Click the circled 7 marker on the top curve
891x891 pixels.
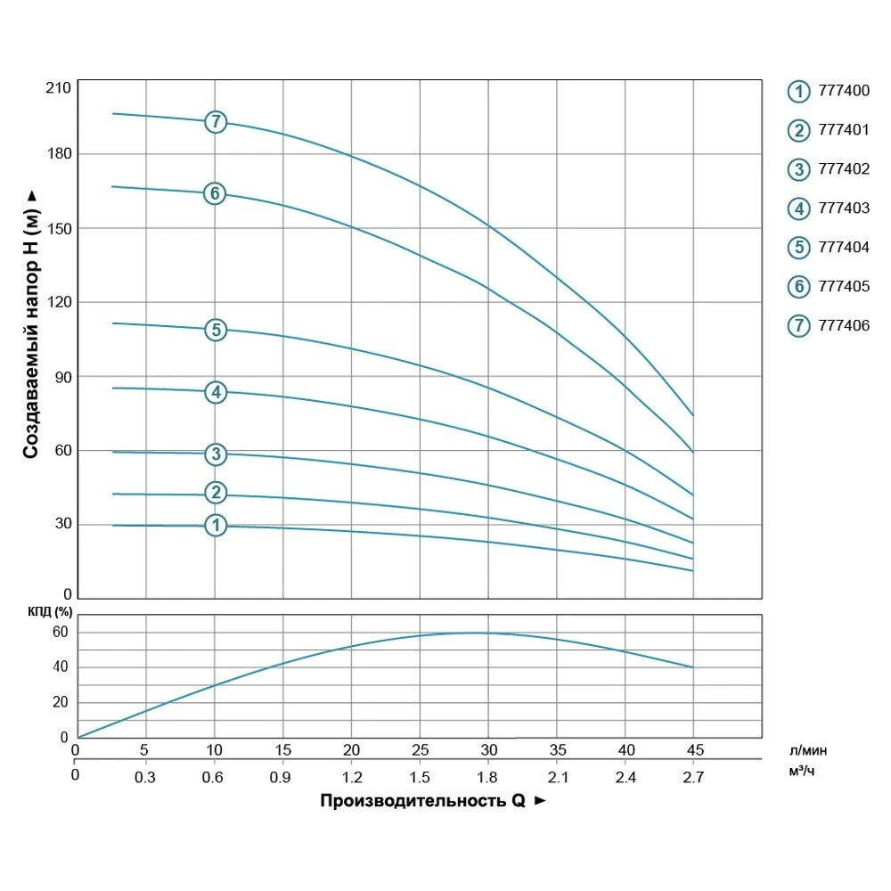(x=216, y=122)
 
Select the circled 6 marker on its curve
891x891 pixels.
(x=215, y=193)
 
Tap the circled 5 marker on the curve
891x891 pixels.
(x=216, y=330)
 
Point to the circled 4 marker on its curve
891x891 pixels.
(x=216, y=392)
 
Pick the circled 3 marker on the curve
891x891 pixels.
(x=216, y=454)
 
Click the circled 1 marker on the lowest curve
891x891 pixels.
(x=216, y=526)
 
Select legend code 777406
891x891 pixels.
(x=843, y=326)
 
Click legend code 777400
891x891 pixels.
(x=843, y=91)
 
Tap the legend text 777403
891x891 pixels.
(x=843, y=208)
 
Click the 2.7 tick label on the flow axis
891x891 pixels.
(x=693, y=777)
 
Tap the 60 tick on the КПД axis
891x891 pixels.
(x=60, y=633)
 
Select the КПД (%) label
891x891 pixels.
(x=50, y=612)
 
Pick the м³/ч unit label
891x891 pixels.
(x=801, y=771)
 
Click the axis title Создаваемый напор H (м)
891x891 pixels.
(x=31, y=325)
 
